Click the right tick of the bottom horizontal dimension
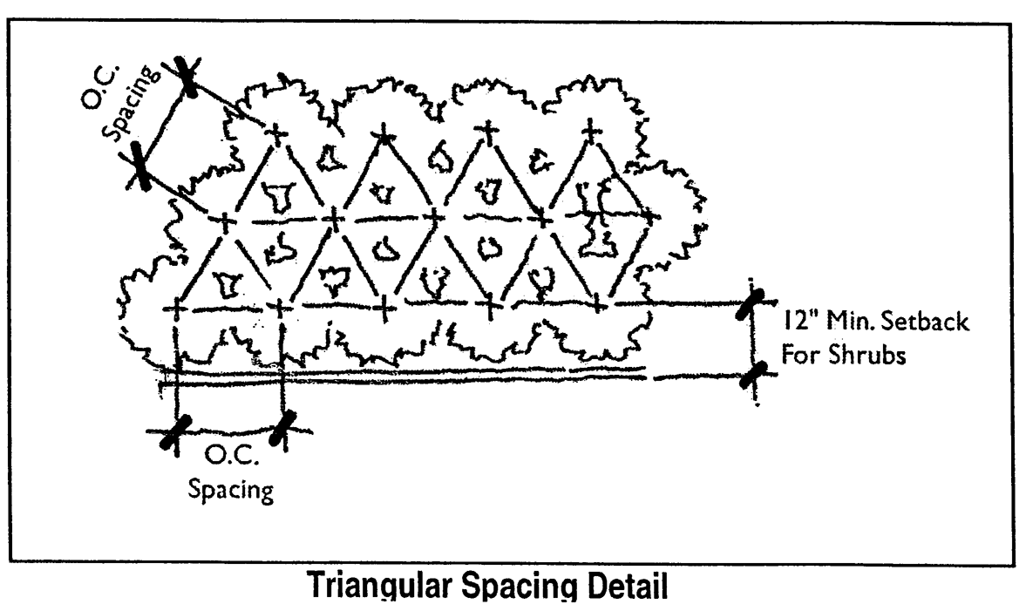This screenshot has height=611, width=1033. click(282, 429)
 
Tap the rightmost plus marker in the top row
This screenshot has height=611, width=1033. click(592, 132)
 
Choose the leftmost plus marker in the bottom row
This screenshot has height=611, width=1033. click(177, 308)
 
